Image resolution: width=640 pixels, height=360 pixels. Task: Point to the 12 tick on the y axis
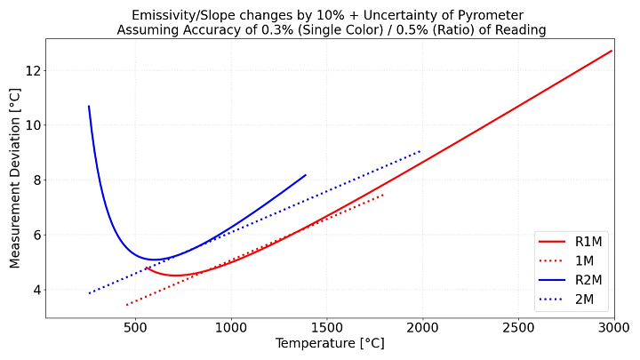click(x=31, y=70)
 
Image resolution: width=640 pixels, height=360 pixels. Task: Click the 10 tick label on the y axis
click(x=31, y=125)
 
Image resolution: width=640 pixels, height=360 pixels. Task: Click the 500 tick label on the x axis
click(x=135, y=328)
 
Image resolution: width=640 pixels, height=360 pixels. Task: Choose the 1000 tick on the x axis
click(x=231, y=328)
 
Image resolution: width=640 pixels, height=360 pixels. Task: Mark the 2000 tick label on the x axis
click(x=422, y=328)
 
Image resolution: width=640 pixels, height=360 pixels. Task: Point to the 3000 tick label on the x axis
click(x=613, y=328)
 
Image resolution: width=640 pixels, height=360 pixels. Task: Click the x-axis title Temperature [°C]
click(x=330, y=344)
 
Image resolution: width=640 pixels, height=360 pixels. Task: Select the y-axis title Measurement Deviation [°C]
click(x=15, y=179)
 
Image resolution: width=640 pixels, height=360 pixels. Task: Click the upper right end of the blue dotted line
click(x=421, y=150)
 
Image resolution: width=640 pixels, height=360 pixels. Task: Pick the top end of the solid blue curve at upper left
click(x=89, y=106)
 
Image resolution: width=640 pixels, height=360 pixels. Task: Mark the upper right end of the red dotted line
click(x=383, y=194)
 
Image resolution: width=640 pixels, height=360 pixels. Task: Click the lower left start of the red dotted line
click(x=126, y=305)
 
